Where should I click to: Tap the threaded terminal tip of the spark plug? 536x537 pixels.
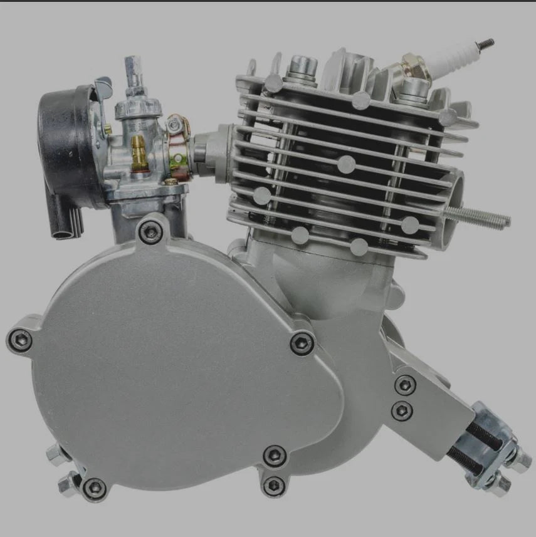(486, 43)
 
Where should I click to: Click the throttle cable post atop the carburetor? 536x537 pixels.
(134, 69)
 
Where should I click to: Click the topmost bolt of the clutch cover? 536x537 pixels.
(151, 231)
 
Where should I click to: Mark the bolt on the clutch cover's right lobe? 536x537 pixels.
(303, 342)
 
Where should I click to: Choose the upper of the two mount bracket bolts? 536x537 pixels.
(405, 385)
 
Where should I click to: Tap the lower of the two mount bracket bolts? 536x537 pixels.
(402, 410)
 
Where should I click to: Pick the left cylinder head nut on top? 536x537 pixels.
(300, 65)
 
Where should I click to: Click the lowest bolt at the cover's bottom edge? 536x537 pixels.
(273, 484)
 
